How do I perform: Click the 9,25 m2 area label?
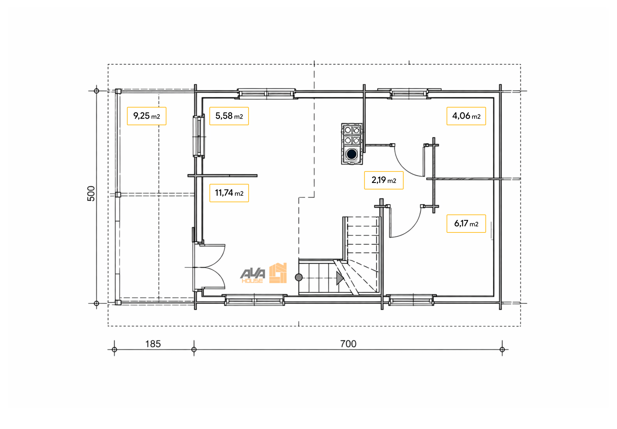tap(146, 116)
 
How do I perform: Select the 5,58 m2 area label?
tap(229, 116)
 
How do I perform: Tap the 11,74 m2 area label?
tap(229, 193)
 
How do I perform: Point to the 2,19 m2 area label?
tap(384, 180)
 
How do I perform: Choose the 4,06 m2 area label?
tap(466, 116)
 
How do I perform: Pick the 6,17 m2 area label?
tap(466, 224)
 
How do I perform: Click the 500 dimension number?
tap(91, 194)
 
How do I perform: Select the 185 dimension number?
tap(153, 344)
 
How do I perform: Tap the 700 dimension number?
tap(348, 344)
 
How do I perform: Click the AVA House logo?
tap(264, 273)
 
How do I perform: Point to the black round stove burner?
tap(352, 154)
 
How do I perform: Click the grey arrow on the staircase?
tap(340, 278)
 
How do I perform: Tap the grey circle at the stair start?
tap(299, 277)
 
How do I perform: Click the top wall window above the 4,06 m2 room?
tap(409, 93)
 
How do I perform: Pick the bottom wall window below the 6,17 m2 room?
tap(411, 300)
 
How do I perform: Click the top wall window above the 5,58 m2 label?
tap(266, 93)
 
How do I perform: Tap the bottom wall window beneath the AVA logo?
tap(255, 300)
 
